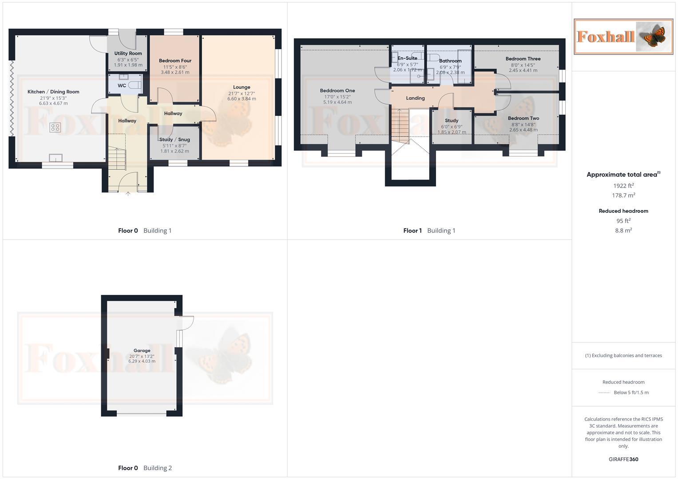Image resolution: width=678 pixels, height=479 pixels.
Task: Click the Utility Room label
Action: (128, 53)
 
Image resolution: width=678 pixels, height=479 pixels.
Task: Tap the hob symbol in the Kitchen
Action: (55, 128)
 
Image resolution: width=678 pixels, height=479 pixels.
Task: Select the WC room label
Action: (122, 86)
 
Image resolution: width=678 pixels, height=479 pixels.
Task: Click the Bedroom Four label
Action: (175, 61)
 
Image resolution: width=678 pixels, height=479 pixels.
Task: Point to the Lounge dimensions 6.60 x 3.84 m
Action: (242, 98)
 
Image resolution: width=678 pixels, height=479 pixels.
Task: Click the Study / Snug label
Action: (174, 140)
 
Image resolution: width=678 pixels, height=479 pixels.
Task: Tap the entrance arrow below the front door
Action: (128, 193)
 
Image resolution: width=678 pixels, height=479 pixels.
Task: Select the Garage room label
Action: (142, 350)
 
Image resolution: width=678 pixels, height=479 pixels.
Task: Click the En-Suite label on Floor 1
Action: (407, 58)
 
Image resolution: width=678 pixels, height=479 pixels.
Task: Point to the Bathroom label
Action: (450, 61)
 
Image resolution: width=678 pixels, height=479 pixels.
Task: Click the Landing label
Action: (415, 98)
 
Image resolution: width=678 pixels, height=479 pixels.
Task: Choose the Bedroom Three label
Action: (523, 59)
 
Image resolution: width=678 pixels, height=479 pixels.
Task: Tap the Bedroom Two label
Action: (523, 118)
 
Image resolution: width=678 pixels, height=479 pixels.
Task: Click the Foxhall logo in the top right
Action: (623, 36)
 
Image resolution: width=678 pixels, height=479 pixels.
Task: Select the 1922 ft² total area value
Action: (623, 186)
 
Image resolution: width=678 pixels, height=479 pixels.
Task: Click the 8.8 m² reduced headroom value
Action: (623, 230)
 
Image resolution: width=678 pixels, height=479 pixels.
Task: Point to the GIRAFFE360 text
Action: (623, 459)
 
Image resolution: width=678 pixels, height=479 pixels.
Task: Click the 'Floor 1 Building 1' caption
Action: (429, 231)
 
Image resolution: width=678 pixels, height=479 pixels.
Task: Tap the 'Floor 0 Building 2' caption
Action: (145, 468)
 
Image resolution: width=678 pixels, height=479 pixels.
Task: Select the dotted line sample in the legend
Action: (604, 393)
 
